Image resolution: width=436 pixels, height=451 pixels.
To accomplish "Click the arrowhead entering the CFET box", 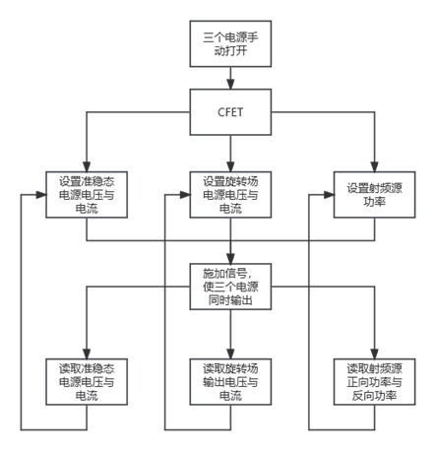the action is [230, 84].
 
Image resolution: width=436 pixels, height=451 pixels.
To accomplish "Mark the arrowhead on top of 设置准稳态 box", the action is [87, 166].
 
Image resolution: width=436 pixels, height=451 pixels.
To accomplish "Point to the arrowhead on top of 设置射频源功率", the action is [374, 166].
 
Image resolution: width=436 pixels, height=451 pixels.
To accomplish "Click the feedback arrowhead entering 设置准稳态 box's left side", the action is [41, 195].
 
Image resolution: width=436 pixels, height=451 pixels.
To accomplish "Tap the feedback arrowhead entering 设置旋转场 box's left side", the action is [185, 195].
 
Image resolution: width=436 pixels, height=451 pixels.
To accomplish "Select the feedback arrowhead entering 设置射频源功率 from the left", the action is [329, 195].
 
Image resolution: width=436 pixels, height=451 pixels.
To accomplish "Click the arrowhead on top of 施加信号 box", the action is [230, 258].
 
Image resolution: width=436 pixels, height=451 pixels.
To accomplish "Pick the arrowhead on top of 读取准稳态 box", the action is [87, 354].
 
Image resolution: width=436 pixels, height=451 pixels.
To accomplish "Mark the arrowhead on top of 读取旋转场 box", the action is [230, 354].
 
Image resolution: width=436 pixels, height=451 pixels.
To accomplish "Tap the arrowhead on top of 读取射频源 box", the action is [374, 354].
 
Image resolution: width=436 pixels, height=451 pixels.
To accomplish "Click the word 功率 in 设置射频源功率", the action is [374, 202].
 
